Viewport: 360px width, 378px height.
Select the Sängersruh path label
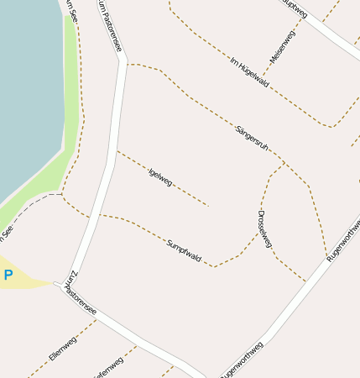[252, 137]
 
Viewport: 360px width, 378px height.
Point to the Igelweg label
[159, 176]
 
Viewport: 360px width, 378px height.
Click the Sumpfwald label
[184, 249]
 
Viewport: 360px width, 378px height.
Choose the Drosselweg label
[265, 228]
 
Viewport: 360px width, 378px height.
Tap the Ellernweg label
[63, 346]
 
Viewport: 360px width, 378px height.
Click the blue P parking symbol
[8, 275]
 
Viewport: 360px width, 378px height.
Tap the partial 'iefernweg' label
[109, 367]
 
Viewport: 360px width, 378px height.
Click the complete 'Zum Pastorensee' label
[81, 293]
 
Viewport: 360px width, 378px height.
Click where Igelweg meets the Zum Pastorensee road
[116, 151]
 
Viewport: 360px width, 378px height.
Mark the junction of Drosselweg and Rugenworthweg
[305, 281]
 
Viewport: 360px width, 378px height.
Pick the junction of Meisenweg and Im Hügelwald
[267, 76]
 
